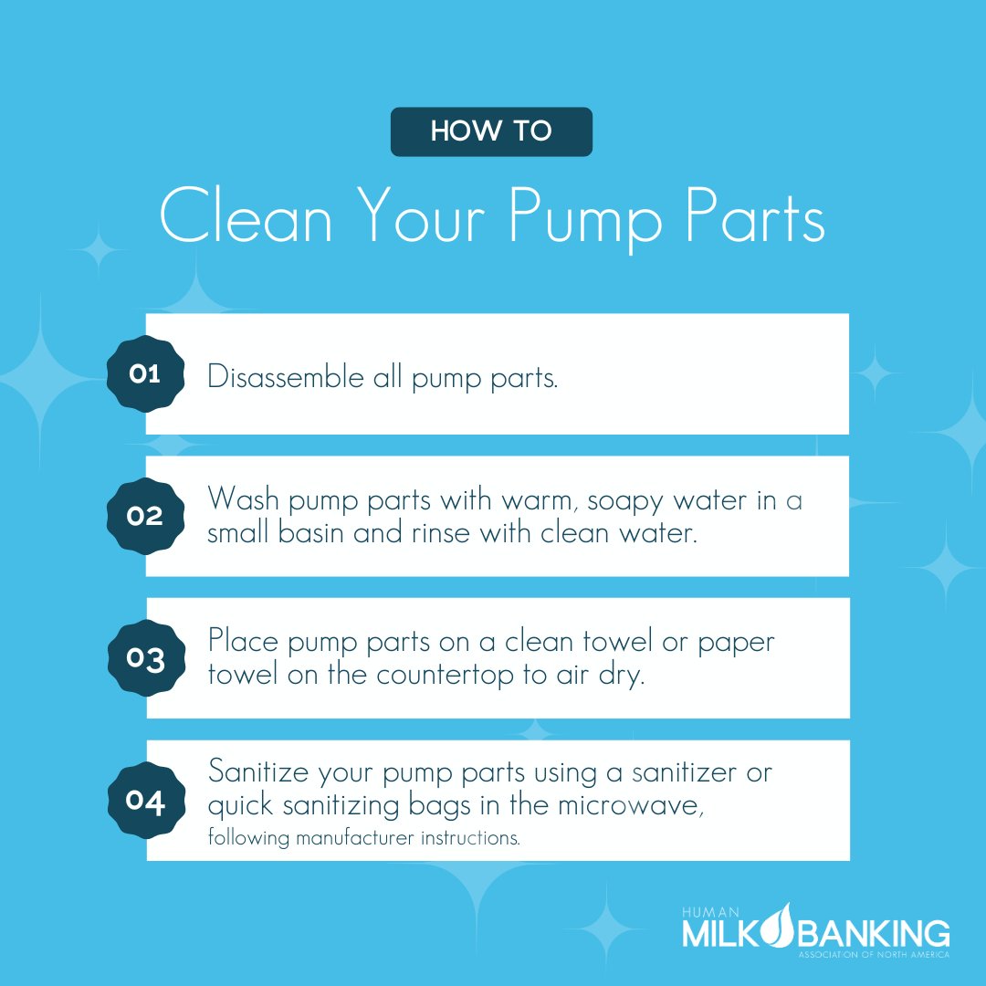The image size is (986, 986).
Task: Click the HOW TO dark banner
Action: (491, 131)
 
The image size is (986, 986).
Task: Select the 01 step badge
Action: (144, 373)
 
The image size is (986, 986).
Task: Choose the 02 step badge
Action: (144, 516)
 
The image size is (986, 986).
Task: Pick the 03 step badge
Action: (144, 657)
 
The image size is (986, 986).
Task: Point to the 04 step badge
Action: (144, 801)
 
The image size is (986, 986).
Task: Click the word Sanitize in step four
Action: (260, 773)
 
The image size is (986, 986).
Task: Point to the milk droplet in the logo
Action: (779, 926)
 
